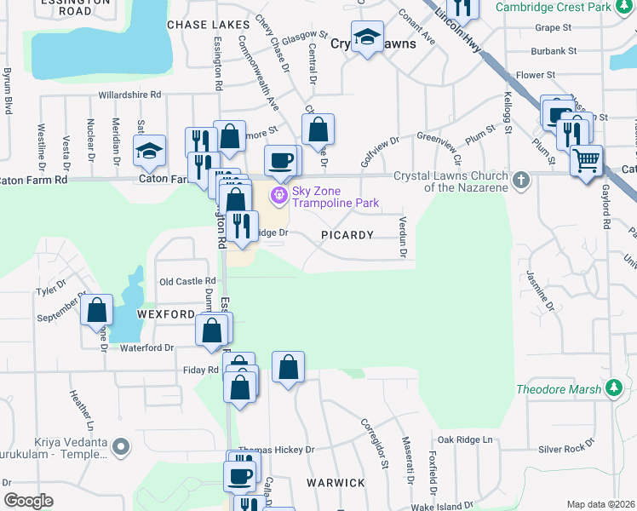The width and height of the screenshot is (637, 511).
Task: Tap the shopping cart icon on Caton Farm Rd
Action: [586, 159]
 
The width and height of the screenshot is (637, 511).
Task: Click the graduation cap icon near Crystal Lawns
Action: [367, 37]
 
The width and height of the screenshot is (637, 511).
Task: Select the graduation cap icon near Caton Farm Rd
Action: [150, 151]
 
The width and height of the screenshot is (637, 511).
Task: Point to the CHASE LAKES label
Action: [209, 25]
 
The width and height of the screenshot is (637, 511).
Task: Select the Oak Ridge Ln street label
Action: [464, 439]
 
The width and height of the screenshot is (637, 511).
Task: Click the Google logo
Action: [29, 501]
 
